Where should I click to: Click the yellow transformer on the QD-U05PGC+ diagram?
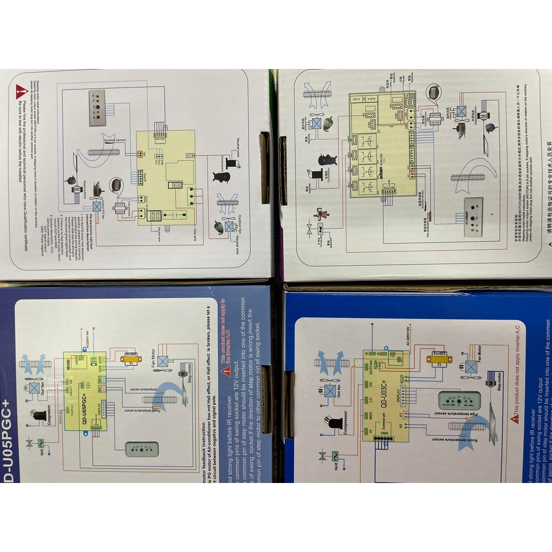pyautogui.click(x=130, y=358)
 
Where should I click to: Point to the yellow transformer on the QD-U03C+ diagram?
pyautogui.click(x=439, y=360)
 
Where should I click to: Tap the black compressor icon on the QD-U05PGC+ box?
pyautogui.click(x=39, y=415)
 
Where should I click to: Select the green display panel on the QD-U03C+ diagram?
pyautogui.click(x=459, y=400)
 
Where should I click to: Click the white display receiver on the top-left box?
pyautogui.click(x=97, y=108)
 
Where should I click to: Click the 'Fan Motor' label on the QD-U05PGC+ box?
pyautogui.click(x=160, y=347)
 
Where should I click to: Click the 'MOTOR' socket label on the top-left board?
pyautogui.click(x=160, y=139)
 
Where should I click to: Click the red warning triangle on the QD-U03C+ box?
pyautogui.click(x=515, y=418)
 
